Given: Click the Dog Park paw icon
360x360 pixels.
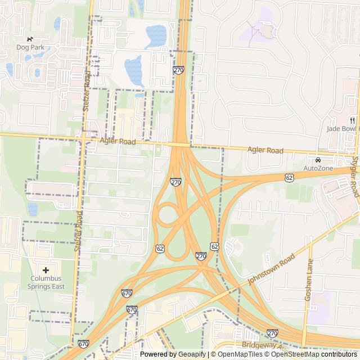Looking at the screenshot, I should point(30,39).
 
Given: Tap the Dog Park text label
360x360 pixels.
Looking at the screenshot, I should point(30,48).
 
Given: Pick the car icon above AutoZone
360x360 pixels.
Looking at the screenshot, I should point(318,160).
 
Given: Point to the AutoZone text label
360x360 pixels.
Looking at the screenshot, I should point(318,168).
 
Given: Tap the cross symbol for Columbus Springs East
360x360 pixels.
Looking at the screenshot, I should point(46,270).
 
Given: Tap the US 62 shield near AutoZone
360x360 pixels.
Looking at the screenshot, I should point(289,178).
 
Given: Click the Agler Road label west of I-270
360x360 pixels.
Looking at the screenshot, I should point(118,142).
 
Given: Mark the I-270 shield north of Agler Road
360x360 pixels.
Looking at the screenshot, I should point(179,70).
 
